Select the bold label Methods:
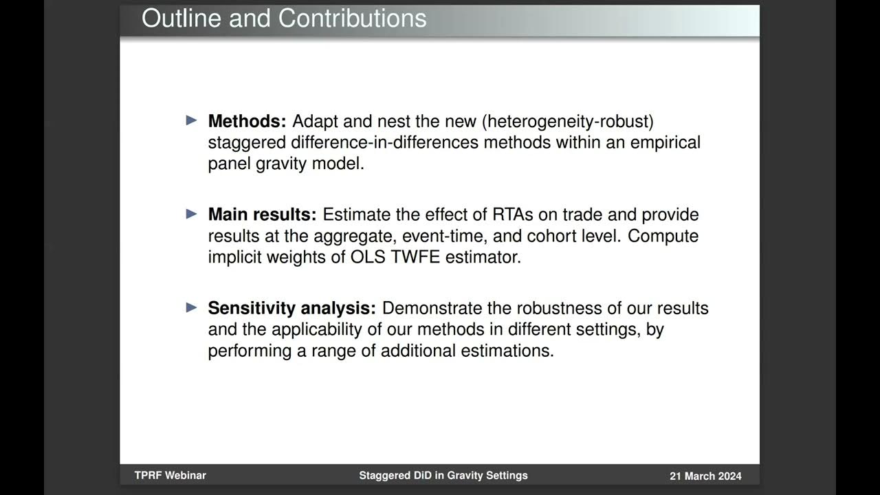tap(247, 122)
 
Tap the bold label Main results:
tap(262, 214)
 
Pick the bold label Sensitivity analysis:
tap(291, 308)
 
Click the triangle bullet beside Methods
tap(192, 121)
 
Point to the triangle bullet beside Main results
tap(192, 214)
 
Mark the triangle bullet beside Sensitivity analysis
tap(192, 307)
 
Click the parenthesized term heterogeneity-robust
tap(567, 122)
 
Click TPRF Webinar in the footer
tap(170, 475)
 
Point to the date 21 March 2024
tap(705, 476)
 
